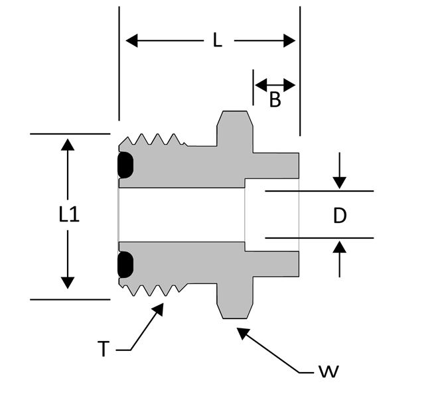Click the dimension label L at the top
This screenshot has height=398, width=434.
pyautogui.click(x=218, y=40)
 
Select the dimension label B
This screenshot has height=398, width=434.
pyautogui.click(x=275, y=99)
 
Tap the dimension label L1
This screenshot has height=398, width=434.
pyautogui.click(x=69, y=215)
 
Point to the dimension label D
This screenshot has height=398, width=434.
pyautogui.click(x=340, y=216)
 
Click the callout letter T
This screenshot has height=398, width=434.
pyautogui.click(x=104, y=349)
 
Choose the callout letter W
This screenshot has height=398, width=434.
pyautogui.click(x=328, y=371)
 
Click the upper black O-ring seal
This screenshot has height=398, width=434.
pyautogui.click(x=125, y=165)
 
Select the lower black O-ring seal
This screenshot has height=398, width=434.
pyautogui.click(x=125, y=265)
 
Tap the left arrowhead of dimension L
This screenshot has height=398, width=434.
pyautogui.click(x=132, y=40)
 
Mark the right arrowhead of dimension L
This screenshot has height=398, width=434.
pyautogui.click(x=289, y=40)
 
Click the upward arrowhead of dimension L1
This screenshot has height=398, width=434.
pyautogui.click(x=68, y=145)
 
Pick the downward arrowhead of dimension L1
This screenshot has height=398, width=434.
pyautogui.click(x=68, y=283)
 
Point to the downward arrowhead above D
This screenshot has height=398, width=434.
pyautogui.click(x=340, y=183)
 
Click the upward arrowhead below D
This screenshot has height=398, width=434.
pyautogui.click(x=340, y=247)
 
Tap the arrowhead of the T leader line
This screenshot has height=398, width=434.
pyautogui.click(x=159, y=309)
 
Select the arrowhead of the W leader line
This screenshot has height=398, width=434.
pyautogui.click(x=243, y=333)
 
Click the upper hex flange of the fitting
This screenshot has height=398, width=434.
pyautogui.click(x=235, y=129)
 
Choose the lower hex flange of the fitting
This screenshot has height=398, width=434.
pyautogui.click(x=235, y=300)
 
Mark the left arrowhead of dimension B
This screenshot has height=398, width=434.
pyautogui.click(x=260, y=85)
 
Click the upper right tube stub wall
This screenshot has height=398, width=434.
pyautogui.click(x=276, y=165)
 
